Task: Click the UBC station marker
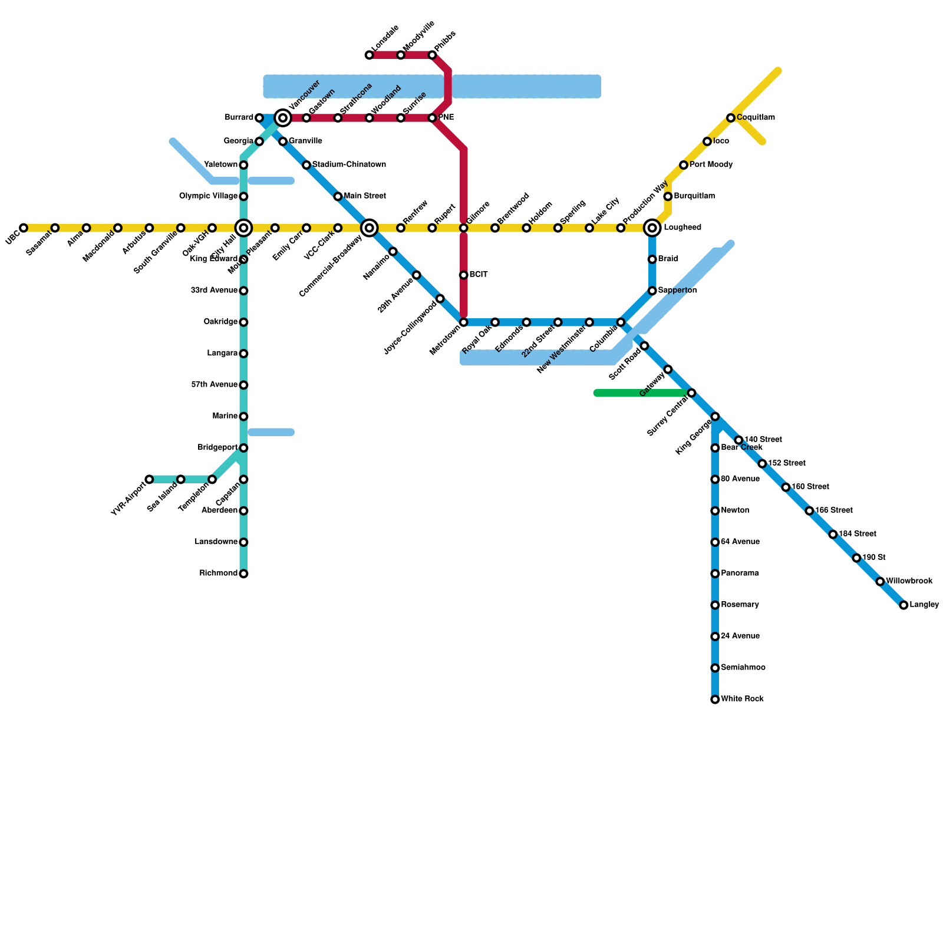click(x=24, y=228)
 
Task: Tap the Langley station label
click(x=924, y=605)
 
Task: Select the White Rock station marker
click(x=715, y=700)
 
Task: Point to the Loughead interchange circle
click(x=652, y=228)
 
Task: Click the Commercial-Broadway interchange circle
click(x=370, y=228)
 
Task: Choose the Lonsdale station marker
click(x=370, y=55)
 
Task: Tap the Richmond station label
click(x=219, y=573)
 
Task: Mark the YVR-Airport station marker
click(x=150, y=479)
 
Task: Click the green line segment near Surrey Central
click(x=642, y=393)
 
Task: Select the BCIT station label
click(x=479, y=275)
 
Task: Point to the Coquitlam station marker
click(x=731, y=118)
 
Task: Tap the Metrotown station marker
click(x=464, y=322)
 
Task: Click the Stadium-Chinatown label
click(x=349, y=164)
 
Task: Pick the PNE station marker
click(x=433, y=118)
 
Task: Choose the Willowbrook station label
click(x=909, y=581)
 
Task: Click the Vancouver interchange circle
click(x=283, y=118)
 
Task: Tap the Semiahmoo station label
click(x=743, y=668)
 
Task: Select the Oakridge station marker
click(x=243, y=322)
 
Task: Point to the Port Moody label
click(x=711, y=164)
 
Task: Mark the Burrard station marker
click(x=259, y=118)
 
